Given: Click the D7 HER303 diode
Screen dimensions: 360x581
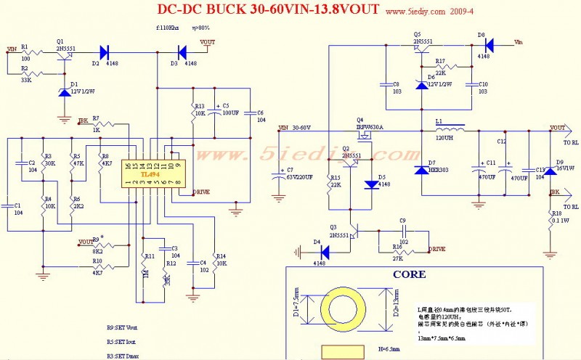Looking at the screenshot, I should click(421, 170).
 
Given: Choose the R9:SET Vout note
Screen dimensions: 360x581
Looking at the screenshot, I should click(121, 328).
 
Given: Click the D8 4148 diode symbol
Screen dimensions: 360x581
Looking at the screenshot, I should click(489, 46).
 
